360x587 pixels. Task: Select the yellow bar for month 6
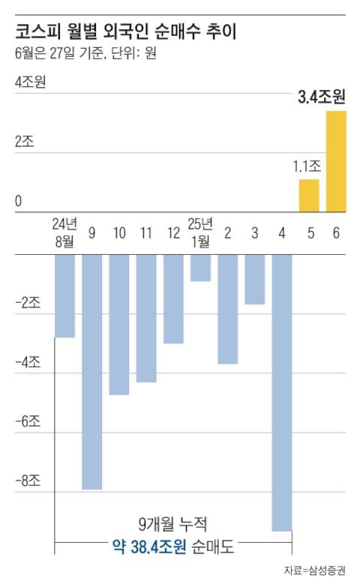click(x=336, y=161)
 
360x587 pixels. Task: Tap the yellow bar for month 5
click(x=309, y=196)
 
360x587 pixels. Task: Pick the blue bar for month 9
click(x=91, y=371)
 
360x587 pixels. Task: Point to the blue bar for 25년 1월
click(x=200, y=268)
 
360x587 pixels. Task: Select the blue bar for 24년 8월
click(x=64, y=296)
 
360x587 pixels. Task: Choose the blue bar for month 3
click(x=254, y=279)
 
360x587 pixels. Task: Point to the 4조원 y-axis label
click(x=31, y=82)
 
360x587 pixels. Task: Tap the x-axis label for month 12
click(x=173, y=234)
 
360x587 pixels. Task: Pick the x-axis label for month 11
click(x=146, y=234)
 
